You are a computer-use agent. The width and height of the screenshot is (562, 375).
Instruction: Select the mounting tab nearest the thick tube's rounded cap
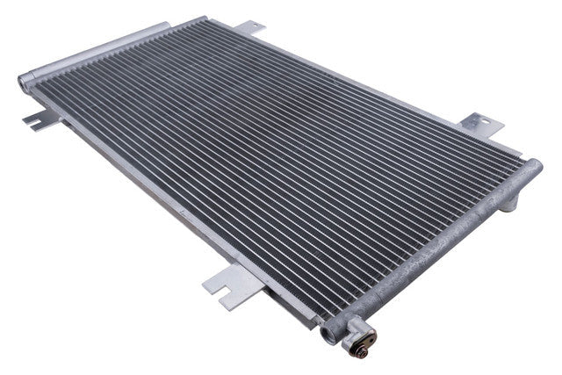[479, 126]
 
